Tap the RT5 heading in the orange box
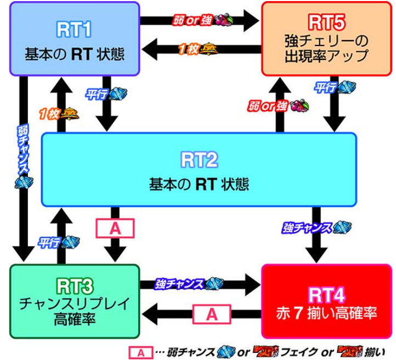(x=326, y=22)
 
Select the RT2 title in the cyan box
(x=200, y=160)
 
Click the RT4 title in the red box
(x=326, y=295)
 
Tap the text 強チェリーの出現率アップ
(x=326, y=48)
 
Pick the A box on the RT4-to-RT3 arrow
(x=211, y=314)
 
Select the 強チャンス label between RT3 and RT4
(x=180, y=284)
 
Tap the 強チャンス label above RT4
(x=308, y=227)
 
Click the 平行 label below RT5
(x=325, y=88)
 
